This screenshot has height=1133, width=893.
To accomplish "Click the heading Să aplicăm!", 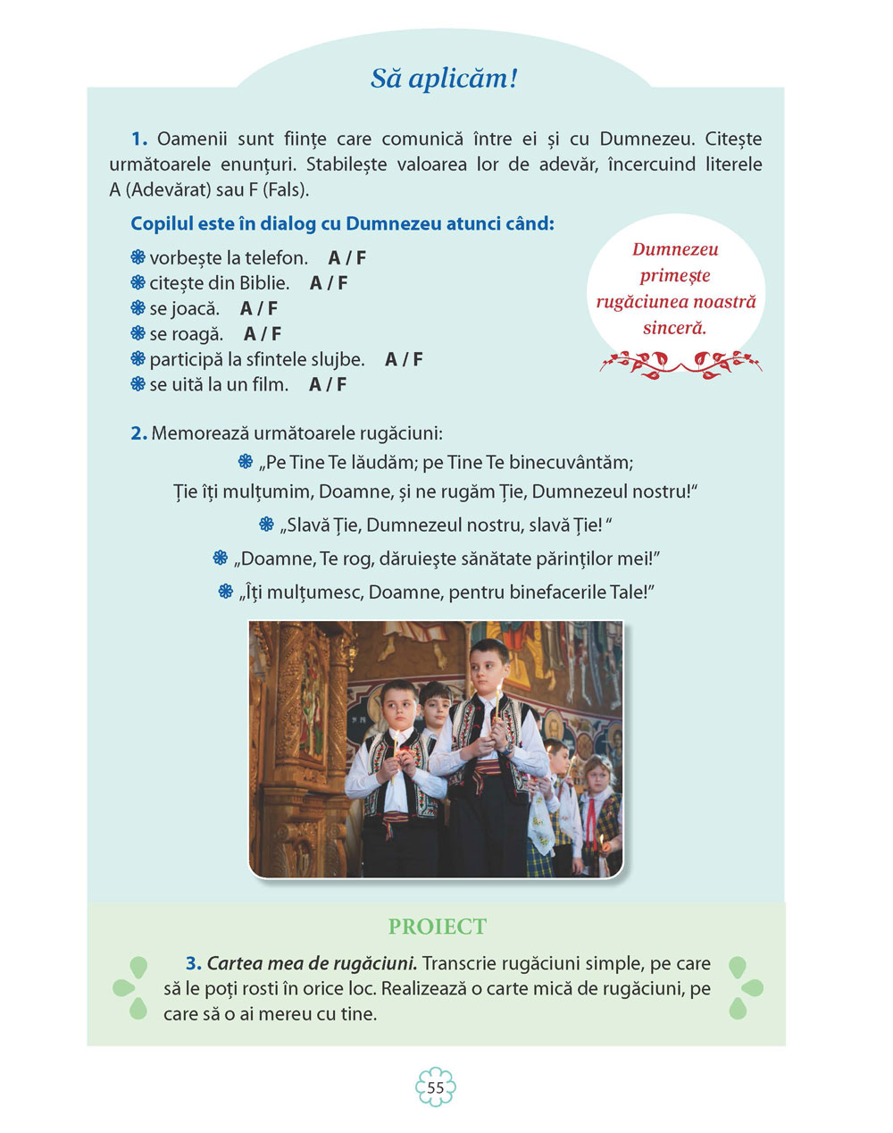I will coord(444,79).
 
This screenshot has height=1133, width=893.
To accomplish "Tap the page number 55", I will coord(436,1087).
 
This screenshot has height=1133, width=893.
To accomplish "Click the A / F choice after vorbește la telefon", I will coord(346,258).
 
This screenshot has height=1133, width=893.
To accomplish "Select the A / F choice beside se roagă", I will coord(263,334).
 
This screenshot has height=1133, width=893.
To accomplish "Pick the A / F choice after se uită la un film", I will coord(328,385).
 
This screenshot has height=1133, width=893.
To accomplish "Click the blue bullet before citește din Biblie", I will coord(138,283).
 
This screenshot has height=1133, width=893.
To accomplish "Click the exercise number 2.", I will coord(138,434).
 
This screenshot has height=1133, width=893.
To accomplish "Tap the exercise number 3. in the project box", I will coord(194,964).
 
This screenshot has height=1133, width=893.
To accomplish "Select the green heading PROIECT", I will coord(438,927).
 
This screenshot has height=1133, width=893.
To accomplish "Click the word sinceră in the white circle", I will coord(674,328).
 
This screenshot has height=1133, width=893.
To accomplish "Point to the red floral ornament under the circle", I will coord(680,363).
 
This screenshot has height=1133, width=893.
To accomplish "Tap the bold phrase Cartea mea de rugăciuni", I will coord(312,964).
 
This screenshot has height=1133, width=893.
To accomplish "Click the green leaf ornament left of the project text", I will coord(130,987).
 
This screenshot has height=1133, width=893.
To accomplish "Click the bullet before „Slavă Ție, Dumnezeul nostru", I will coord(266,525).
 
